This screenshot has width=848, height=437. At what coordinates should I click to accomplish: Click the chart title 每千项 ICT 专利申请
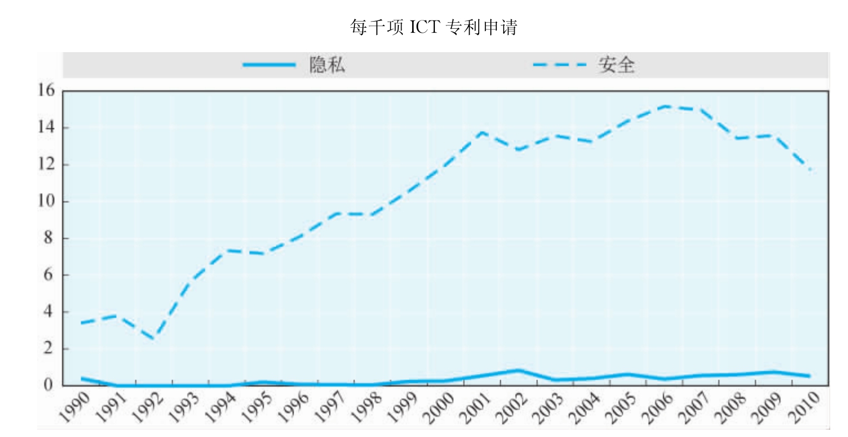(x=433, y=27)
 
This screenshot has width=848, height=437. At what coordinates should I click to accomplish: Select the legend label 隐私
(x=327, y=65)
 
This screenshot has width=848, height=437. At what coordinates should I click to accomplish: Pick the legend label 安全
(x=616, y=65)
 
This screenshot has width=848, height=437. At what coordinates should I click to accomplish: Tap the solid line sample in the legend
(x=269, y=65)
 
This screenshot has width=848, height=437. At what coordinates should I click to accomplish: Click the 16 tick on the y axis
(x=47, y=90)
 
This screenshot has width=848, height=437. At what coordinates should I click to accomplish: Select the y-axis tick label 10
(x=47, y=201)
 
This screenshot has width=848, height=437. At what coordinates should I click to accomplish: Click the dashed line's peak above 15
(x=666, y=106)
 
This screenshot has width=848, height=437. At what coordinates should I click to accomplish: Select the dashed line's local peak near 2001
(x=481, y=132)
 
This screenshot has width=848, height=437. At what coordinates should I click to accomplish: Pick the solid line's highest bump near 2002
(x=519, y=370)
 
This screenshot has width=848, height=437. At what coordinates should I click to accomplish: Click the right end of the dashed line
(x=811, y=170)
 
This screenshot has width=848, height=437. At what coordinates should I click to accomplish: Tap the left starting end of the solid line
(x=82, y=378)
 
